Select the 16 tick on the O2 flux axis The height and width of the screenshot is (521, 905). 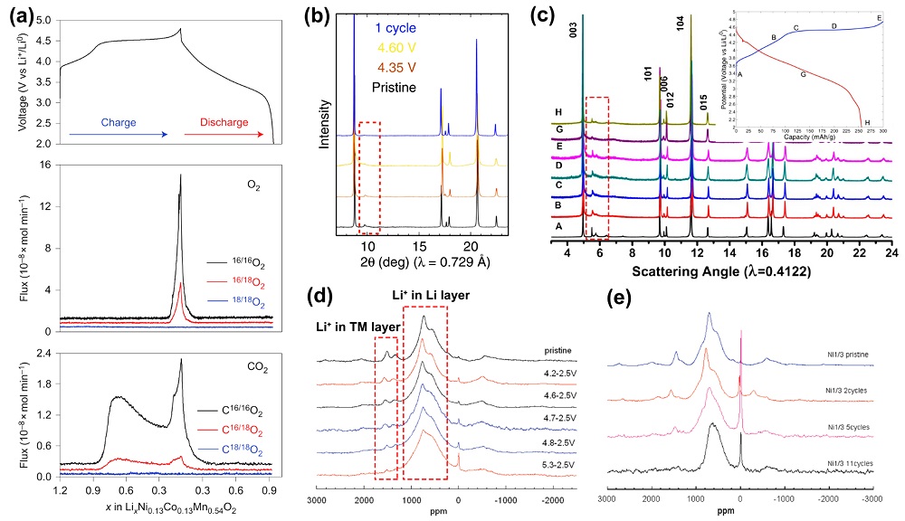(x=43, y=166)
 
